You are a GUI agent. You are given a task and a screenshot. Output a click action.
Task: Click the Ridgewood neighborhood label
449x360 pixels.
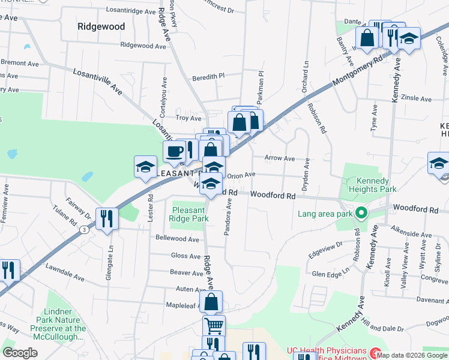[101, 27]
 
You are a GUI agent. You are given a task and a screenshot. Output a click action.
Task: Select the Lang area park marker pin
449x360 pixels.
[361, 213]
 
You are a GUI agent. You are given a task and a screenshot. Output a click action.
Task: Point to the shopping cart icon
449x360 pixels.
[214, 326]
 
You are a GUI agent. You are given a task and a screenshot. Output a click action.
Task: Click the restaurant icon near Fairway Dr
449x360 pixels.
[107, 218]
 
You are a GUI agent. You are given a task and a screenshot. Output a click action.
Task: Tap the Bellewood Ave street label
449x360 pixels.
[177, 239]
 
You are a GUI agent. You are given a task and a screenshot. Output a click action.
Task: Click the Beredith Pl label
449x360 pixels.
[208, 77]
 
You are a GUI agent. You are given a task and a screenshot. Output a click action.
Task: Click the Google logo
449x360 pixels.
[20, 353]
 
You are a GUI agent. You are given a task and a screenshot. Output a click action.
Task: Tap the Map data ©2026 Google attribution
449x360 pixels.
[412, 355]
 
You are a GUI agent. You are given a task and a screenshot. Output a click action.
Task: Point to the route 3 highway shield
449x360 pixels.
[86, 229]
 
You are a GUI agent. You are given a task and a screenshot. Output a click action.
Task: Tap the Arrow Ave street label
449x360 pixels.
[280, 159]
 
